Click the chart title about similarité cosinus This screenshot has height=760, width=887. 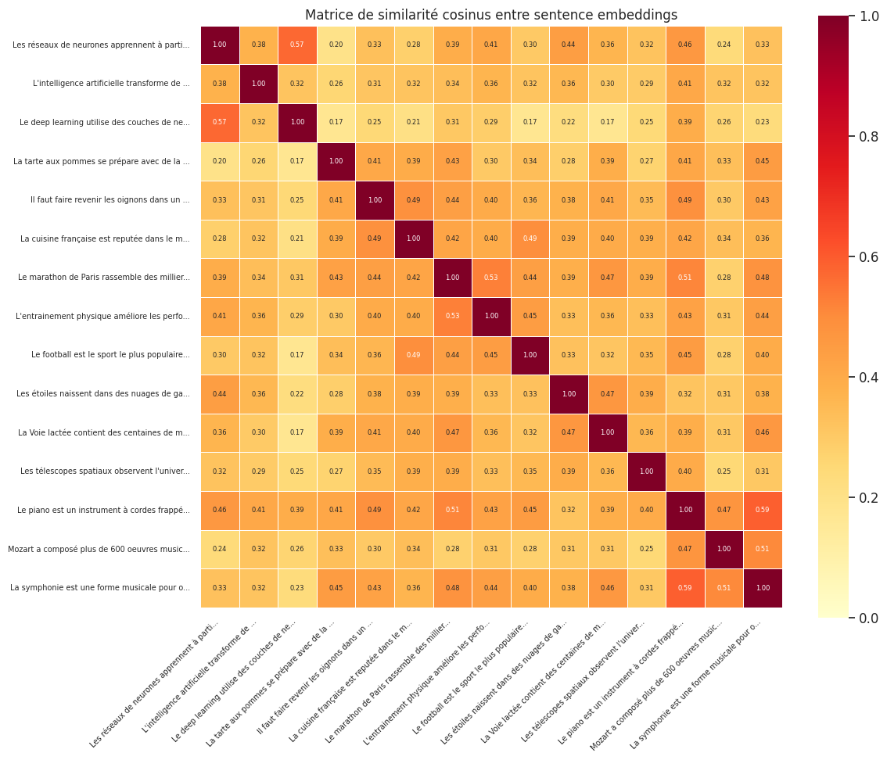point(491,15)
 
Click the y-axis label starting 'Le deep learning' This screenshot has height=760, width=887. point(104,123)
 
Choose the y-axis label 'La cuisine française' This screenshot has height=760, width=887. point(105,239)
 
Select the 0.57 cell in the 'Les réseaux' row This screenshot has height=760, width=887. point(297,45)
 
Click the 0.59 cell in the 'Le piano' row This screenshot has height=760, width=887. point(763,511)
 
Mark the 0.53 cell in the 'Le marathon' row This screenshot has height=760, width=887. point(491,278)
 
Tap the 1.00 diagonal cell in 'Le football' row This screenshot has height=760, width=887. point(530,355)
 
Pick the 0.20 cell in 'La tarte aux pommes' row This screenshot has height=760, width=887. point(220,161)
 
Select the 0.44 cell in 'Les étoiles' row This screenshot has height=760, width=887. point(220,394)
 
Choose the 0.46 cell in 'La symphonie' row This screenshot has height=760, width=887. point(608,588)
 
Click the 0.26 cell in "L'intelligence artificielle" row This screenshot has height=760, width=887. point(336,84)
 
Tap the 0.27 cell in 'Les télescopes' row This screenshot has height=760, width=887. point(336,471)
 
